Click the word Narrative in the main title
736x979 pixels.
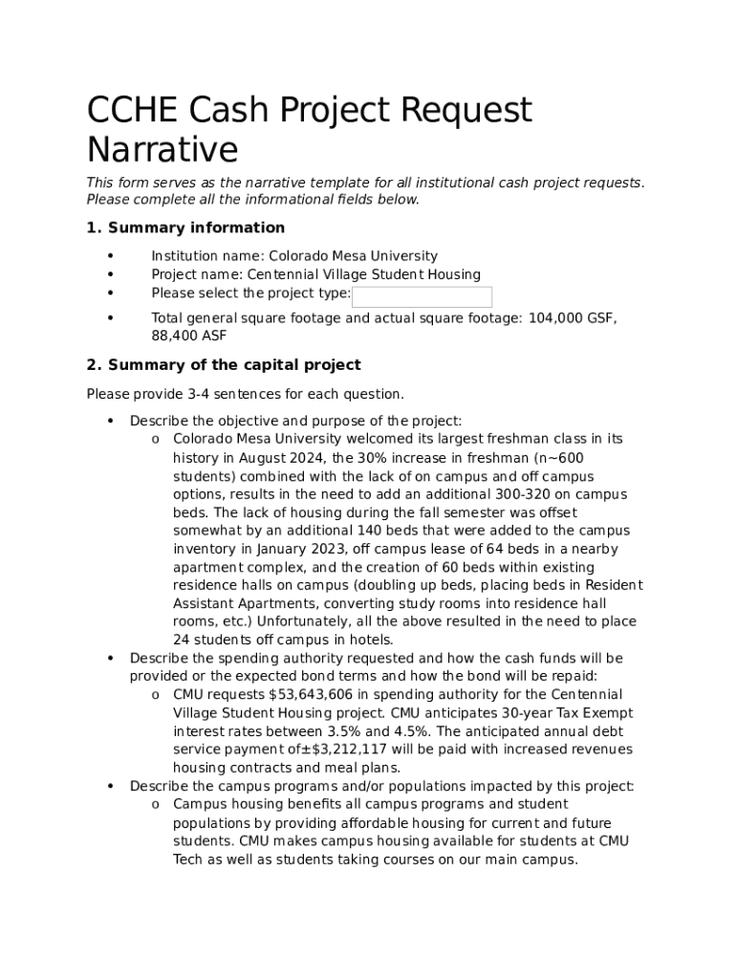(162, 150)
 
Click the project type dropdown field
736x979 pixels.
(422, 296)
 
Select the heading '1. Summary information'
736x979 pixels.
(185, 228)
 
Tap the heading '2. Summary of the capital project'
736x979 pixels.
(224, 364)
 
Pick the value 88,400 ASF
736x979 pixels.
(189, 337)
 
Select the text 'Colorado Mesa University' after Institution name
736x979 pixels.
(353, 256)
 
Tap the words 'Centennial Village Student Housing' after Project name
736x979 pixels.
(364, 274)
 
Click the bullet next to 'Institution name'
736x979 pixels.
(111, 256)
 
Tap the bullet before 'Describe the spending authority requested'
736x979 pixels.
(111, 659)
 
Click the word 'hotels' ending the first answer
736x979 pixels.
(371, 641)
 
